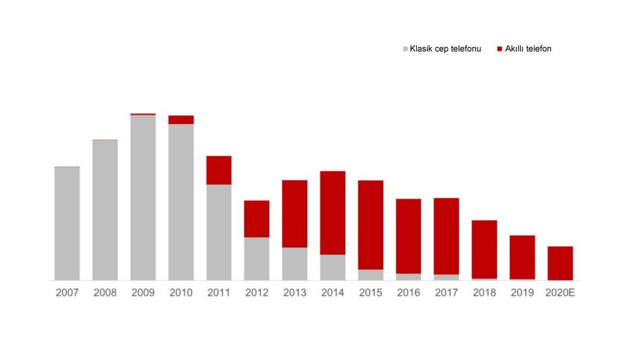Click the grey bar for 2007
[67, 223]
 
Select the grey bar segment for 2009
[143, 197]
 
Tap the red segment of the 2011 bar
[219, 170]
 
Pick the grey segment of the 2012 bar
[257, 259]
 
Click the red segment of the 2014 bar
[333, 213]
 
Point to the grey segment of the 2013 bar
[295, 263]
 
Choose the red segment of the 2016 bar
[409, 236]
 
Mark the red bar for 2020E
[561, 263]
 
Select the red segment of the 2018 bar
[484, 249]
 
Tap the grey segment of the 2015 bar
[371, 275]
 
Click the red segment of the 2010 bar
[181, 119]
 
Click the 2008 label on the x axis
[105, 293]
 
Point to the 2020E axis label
[561, 293]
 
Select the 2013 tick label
[295, 293]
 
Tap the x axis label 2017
[446, 293]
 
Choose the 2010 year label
[181, 293]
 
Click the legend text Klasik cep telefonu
[445, 49]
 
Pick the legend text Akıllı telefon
[528, 49]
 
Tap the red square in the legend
[500, 49]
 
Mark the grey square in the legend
[405, 49]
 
